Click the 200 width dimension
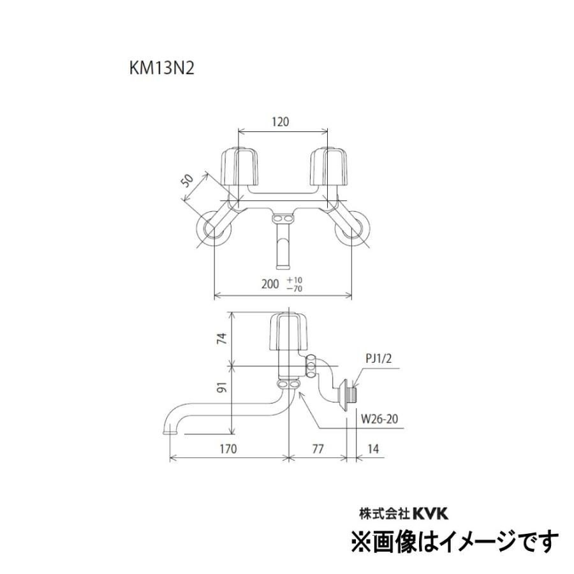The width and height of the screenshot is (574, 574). click(x=271, y=285)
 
